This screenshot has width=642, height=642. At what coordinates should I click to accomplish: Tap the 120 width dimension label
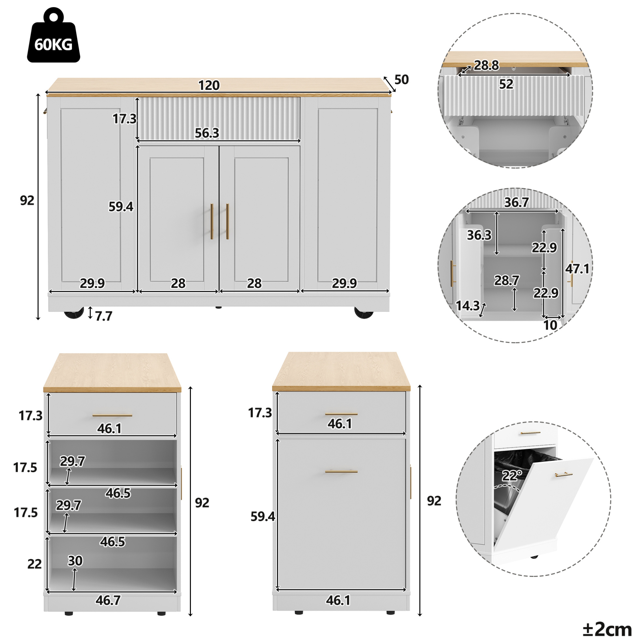click(209, 86)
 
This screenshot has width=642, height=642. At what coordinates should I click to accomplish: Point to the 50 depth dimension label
click(401, 79)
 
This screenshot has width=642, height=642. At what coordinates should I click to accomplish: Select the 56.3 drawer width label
click(207, 133)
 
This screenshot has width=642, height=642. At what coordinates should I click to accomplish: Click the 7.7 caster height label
click(104, 316)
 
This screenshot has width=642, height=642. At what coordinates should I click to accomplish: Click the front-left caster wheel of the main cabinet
click(74, 314)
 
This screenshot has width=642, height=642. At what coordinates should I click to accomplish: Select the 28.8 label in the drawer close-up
click(486, 65)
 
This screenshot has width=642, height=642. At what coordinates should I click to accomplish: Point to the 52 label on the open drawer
click(506, 84)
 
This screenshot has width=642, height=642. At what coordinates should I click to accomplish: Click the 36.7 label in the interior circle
click(516, 202)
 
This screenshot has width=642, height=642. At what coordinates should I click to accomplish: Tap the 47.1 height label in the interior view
click(578, 269)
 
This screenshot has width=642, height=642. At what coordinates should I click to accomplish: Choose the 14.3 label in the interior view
click(468, 305)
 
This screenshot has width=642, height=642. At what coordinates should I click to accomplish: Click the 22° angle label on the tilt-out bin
click(512, 475)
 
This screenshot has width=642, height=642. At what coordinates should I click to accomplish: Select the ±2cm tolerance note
click(607, 629)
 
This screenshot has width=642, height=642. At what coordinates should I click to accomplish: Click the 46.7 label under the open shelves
click(108, 600)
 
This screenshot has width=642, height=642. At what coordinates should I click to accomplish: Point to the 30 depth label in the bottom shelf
click(75, 561)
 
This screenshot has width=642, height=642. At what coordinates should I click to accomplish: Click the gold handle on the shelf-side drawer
click(112, 415)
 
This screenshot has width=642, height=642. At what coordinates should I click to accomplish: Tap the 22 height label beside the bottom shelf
click(34, 564)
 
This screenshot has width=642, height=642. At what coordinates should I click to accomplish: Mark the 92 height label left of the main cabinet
click(27, 200)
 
